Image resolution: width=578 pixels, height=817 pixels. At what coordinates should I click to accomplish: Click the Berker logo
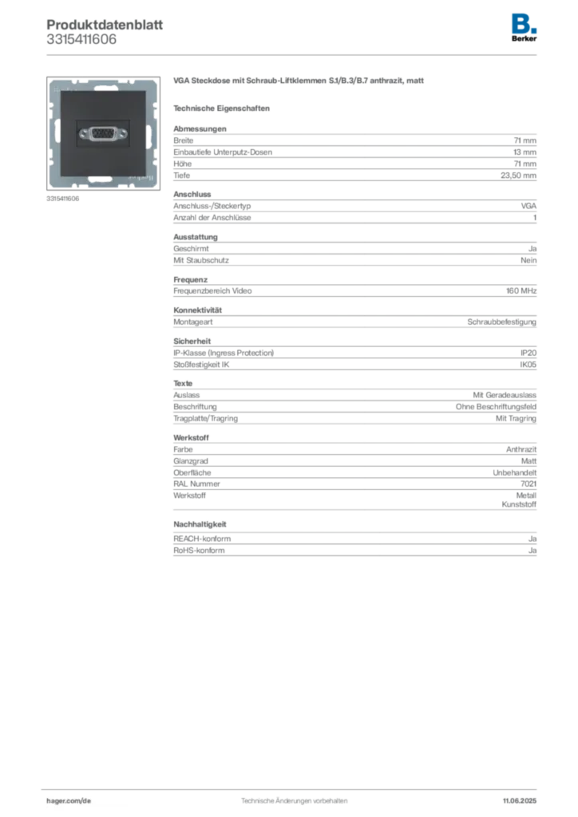[x=524, y=28]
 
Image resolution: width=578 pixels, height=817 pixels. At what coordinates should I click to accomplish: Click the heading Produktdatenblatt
[x=105, y=25]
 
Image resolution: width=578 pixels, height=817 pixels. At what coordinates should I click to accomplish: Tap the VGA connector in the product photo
[x=103, y=133]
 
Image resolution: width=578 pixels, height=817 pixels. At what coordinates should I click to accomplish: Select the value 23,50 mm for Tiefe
[x=519, y=176]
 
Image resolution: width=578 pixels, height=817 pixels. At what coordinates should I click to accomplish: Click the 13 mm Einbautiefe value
[x=525, y=152]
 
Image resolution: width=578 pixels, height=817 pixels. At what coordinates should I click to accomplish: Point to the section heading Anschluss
[x=192, y=195]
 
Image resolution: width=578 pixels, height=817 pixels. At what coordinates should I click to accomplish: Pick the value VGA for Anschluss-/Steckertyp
[x=529, y=206]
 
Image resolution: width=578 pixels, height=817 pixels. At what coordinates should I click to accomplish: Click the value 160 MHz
[x=521, y=290]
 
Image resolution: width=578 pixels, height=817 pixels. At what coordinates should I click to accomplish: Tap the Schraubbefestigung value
[x=502, y=322]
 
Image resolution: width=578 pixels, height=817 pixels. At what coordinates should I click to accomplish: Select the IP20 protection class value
[x=529, y=353]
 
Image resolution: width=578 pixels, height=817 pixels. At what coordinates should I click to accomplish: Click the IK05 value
[x=528, y=365]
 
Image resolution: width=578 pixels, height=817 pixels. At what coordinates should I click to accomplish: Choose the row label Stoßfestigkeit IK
[x=201, y=365]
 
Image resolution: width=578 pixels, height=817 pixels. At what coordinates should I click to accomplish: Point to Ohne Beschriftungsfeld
[x=497, y=406]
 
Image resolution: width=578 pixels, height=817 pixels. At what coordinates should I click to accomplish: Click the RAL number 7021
[x=529, y=483]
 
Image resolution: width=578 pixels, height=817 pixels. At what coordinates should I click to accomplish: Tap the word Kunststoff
[x=519, y=504]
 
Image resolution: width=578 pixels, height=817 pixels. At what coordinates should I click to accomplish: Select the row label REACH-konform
[x=202, y=539]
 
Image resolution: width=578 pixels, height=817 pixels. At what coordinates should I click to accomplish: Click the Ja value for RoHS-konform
[x=532, y=551]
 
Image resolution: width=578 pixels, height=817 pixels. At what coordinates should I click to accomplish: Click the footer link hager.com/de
[x=69, y=801]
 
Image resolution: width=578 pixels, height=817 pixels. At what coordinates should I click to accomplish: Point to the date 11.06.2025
[x=520, y=801]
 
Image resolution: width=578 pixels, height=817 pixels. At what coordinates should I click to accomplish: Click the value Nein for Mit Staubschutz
[x=529, y=260]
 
